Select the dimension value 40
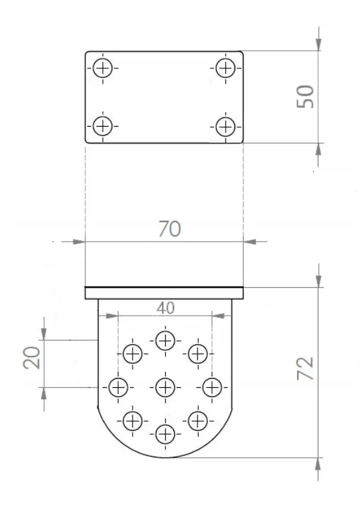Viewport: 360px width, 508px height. coord(166,308)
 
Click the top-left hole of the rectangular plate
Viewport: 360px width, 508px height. coord(103,68)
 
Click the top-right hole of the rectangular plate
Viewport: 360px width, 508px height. coord(225,68)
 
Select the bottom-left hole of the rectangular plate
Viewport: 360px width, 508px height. coord(103,124)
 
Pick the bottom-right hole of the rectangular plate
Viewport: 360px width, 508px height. coord(225,124)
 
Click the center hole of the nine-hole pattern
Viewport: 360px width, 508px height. coord(165,388)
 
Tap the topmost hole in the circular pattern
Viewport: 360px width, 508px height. coord(165,340)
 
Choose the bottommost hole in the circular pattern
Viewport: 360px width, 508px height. coord(165,433)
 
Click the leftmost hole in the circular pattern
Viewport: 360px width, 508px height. coord(118,388)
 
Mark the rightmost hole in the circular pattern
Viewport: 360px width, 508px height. coord(212,388)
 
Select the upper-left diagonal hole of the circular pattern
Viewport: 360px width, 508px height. coord(133,354)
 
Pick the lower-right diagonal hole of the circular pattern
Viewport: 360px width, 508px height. coord(198,420)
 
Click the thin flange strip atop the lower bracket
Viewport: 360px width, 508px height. coord(164,294)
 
